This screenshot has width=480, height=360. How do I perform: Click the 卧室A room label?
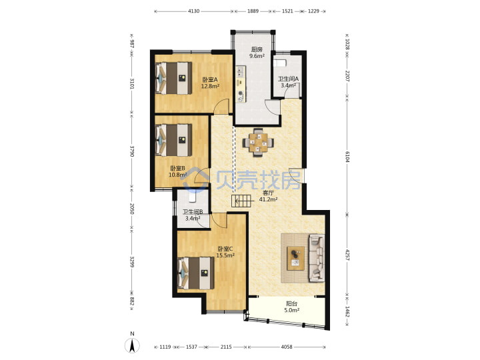210,79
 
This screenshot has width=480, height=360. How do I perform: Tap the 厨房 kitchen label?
257,49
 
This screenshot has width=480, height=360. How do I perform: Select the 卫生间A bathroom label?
288,79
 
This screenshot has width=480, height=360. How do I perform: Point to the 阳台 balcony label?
291,304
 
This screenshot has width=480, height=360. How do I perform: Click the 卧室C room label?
225,249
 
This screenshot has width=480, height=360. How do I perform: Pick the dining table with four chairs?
258,143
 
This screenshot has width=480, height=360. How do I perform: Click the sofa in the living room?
317,258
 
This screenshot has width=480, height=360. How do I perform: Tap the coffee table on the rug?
296,258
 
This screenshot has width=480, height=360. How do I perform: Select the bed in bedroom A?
173,78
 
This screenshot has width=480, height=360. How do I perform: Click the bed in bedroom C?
196,273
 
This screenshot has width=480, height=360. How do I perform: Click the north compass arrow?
132,345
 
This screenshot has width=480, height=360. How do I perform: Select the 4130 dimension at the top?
193,11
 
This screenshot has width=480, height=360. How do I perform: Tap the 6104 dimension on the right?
347,157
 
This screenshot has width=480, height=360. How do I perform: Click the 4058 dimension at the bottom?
287,347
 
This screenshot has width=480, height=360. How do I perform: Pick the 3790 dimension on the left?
132,151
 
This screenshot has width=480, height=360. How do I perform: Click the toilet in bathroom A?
280,63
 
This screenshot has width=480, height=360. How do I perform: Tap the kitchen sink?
240,71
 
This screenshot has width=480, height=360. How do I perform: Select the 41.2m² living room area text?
268,199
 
